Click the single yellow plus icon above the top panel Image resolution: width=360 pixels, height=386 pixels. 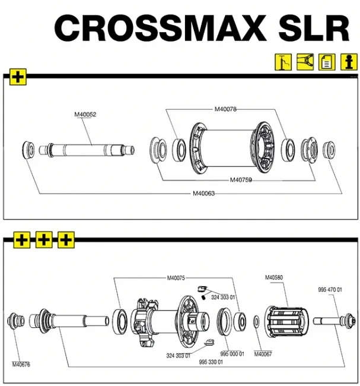(x=18, y=77)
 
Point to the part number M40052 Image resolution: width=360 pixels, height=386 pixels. (x=85, y=115)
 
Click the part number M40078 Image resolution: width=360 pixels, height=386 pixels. (x=225, y=109)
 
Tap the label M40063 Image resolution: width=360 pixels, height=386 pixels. (x=203, y=192)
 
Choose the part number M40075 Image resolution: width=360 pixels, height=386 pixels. (x=176, y=277)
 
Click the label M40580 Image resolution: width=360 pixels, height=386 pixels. (x=274, y=277)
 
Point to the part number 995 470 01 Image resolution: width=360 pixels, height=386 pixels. (x=330, y=290)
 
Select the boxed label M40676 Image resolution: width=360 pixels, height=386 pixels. (x=22, y=364)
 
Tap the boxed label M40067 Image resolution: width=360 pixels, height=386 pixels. (x=263, y=354)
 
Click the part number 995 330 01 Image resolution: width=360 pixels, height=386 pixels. (x=211, y=362)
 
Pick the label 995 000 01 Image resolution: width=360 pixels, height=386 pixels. (x=232, y=354)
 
